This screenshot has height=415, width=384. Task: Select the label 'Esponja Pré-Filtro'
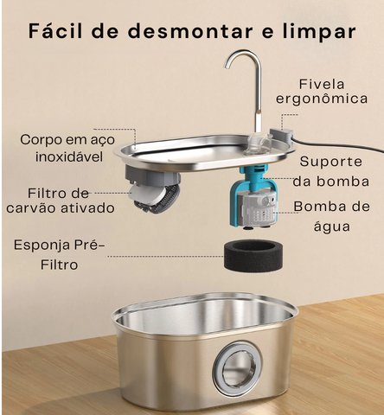[x=59, y=255]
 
